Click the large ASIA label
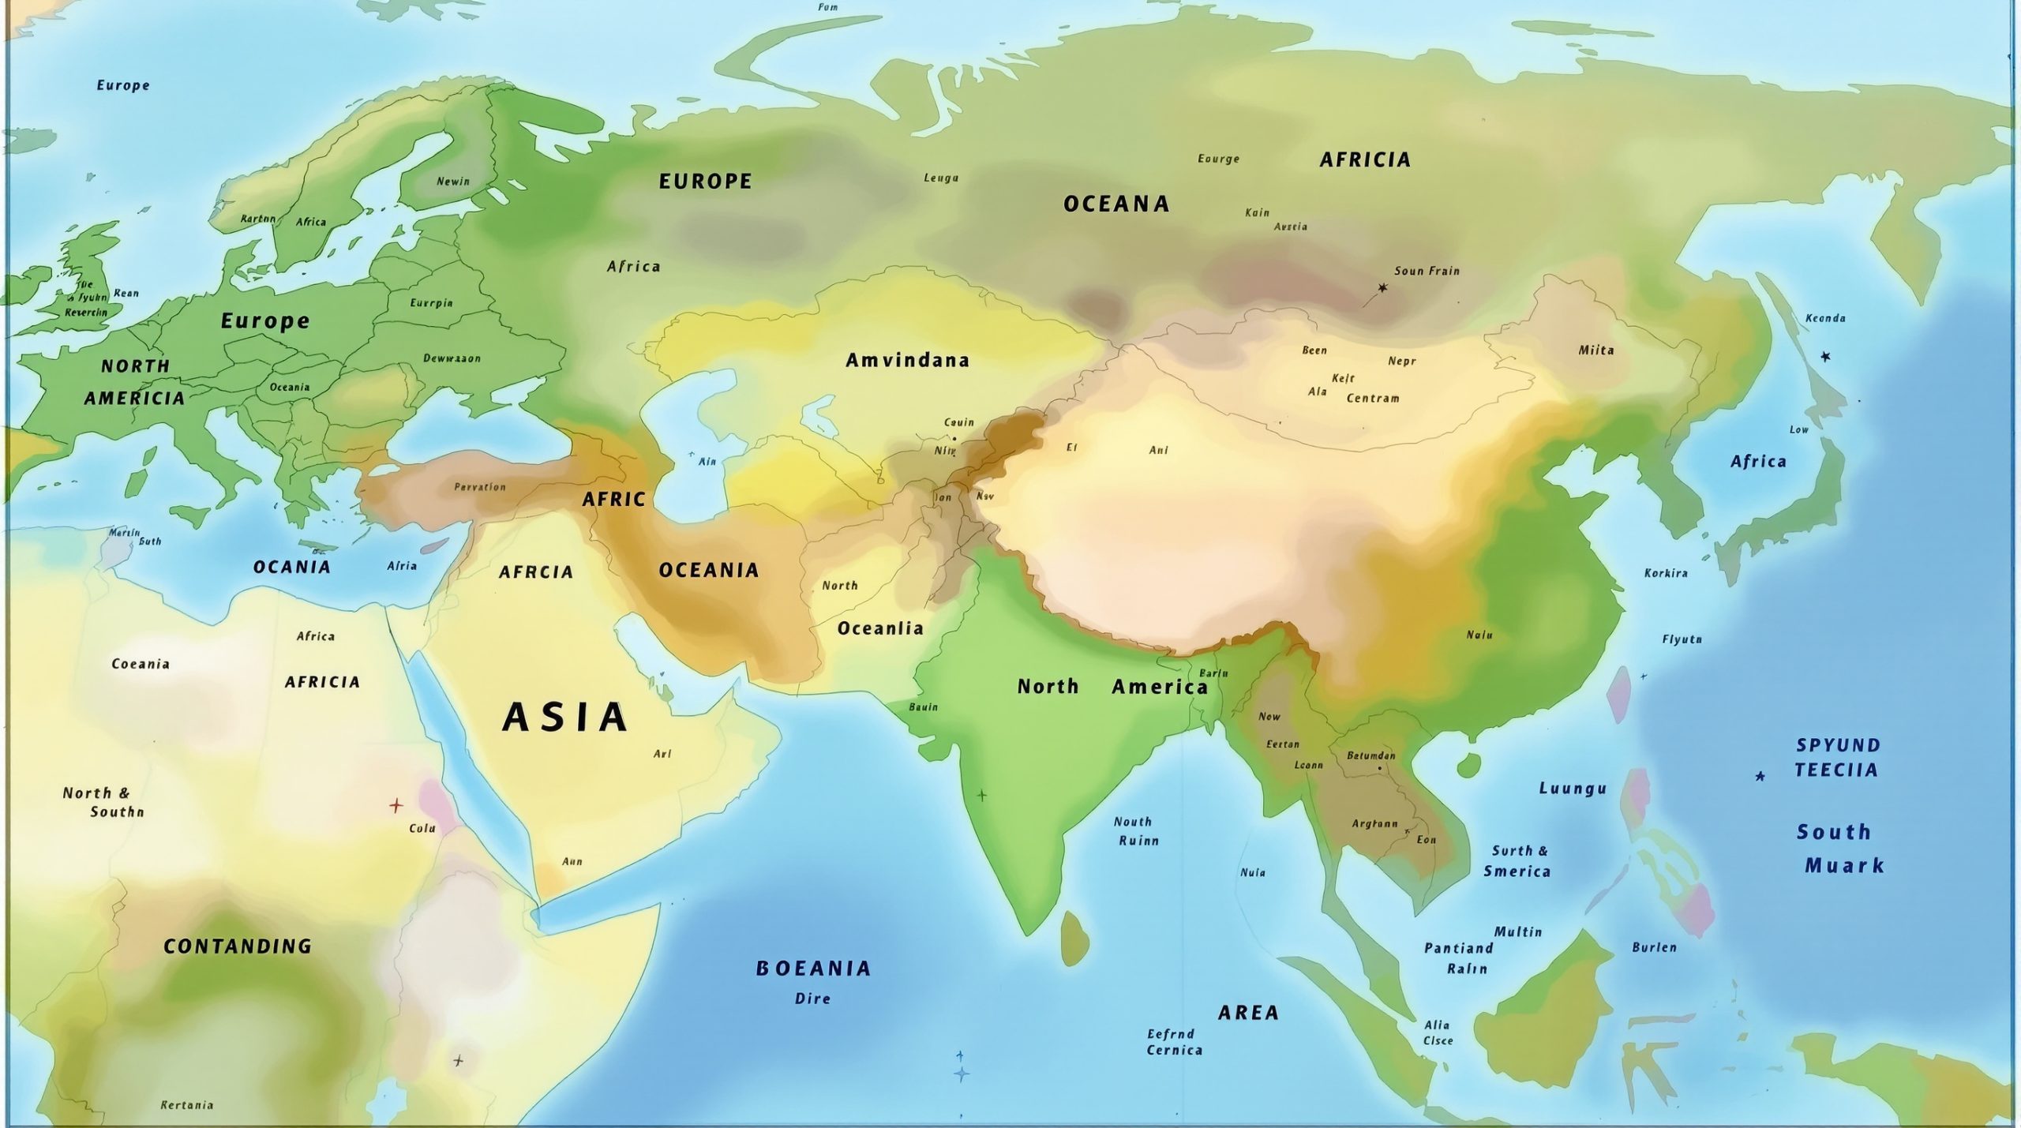(565, 718)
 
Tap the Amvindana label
(907, 361)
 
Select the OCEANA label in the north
(1116, 204)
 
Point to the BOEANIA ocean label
(813, 969)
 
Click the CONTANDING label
(238, 946)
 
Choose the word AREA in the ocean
(1248, 1013)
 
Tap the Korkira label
(1666, 573)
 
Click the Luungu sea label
(1573, 789)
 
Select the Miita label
(1595, 350)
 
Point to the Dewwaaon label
(452, 358)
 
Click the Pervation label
(480, 487)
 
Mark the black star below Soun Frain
(1382, 288)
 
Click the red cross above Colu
(396, 806)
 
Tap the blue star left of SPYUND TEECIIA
(1760, 776)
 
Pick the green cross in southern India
(981, 795)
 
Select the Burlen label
(1654, 947)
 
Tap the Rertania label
(187, 1105)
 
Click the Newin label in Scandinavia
(453, 182)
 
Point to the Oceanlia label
(880, 628)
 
